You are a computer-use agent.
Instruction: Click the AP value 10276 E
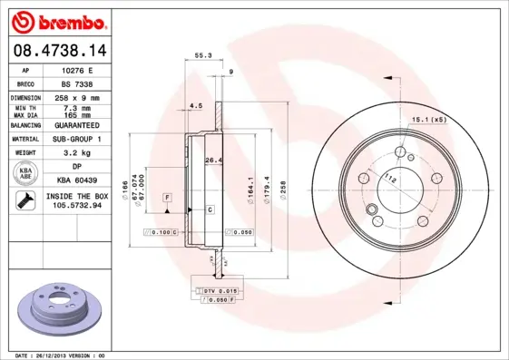click(x=79, y=69)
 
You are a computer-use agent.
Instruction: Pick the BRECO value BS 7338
click(x=79, y=83)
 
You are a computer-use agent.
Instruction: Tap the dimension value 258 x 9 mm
click(x=79, y=97)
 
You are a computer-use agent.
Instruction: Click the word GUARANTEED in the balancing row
click(x=79, y=125)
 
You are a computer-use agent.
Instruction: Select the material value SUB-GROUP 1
click(x=79, y=140)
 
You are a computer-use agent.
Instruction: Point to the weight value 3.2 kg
click(x=79, y=154)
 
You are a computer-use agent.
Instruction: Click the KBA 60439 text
click(x=79, y=181)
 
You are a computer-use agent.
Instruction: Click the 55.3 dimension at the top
click(x=203, y=56)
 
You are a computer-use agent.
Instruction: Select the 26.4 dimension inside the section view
click(x=213, y=161)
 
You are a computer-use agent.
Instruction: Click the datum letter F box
click(x=167, y=197)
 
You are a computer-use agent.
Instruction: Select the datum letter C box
click(x=210, y=209)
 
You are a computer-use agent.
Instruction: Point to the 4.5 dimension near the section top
click(x=194, y=106)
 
